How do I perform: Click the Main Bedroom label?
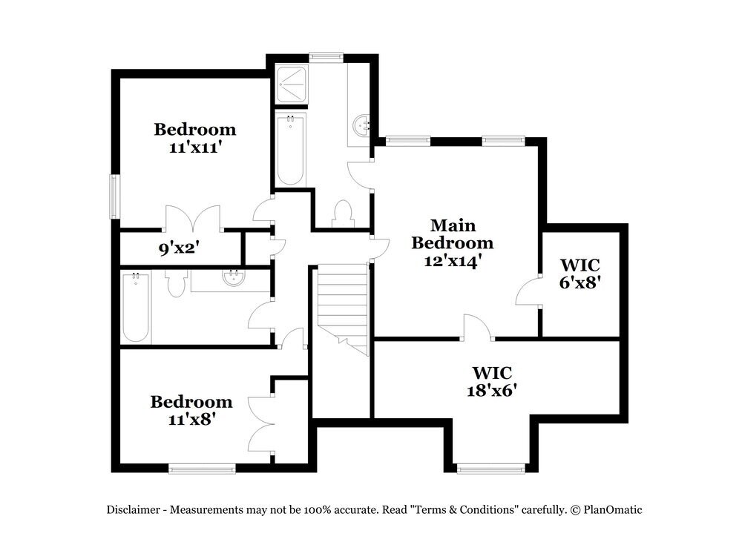[453, 234]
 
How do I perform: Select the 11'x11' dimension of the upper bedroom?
[195, 147]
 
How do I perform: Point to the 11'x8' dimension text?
[191, 420]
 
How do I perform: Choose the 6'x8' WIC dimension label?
[580, 282]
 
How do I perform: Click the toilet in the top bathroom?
[343, 213]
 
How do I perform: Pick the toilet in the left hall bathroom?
[175, 282]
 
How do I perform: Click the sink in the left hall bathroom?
[232, 280]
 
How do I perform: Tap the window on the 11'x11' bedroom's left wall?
[115, 196]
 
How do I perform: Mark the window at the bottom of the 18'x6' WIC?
[491, 468]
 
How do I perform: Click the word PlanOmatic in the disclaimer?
[612, 509]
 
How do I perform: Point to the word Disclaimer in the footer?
[135, 509]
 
